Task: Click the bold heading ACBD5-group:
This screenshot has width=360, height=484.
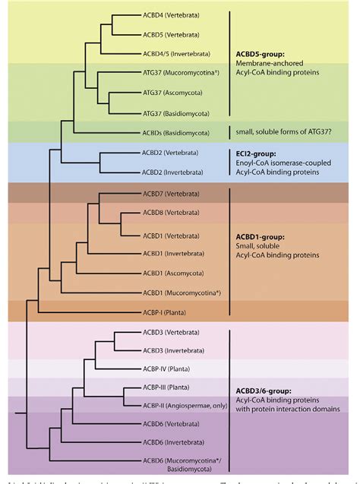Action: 263,56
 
